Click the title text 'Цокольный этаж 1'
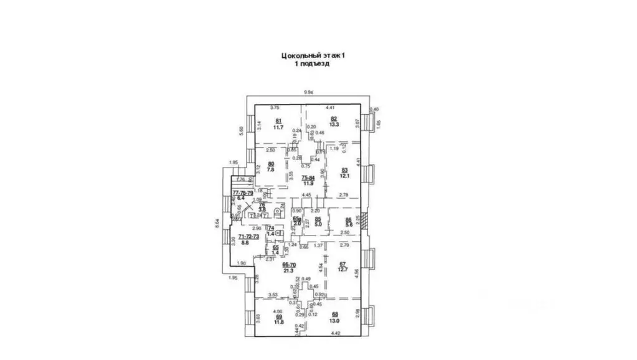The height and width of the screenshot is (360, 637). tap(313, 55)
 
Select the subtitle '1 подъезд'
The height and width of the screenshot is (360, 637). tap(313, 64)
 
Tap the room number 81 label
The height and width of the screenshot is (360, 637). tap(278, 120)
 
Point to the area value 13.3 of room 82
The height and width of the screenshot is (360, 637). tap(334, 125)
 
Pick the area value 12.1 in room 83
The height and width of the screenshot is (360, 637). tap(344, 175)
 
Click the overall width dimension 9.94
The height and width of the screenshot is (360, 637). tap(308, 93)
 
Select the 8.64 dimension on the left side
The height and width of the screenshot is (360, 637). tap(217, 222)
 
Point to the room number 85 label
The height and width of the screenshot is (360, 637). tap(318, 218)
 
